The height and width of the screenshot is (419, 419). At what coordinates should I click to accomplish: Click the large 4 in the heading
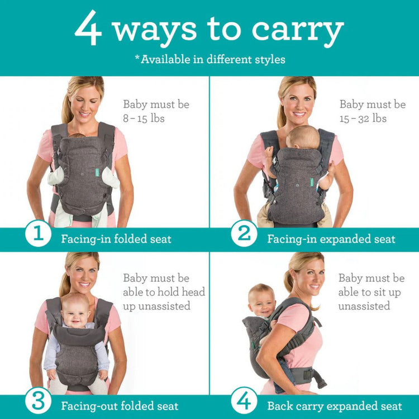click(x=88, y=28)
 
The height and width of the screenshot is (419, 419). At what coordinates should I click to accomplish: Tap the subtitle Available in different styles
click(x=209, y=59)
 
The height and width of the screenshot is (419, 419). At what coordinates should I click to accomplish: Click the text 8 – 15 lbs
click(x=144, y=118)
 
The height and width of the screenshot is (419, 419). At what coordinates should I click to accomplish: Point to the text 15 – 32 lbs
click(x=363, y=118)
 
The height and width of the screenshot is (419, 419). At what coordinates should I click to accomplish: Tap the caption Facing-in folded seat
click(x=116, y=239)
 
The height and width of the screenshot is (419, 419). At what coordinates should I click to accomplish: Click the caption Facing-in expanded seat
click(x=331, y=239)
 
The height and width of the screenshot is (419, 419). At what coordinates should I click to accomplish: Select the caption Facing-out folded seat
click(x=120, y=406)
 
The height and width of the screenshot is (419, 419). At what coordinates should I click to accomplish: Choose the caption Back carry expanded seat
click(x=335, y=406)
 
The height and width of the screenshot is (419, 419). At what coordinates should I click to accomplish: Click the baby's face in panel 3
click(x=76, y=313)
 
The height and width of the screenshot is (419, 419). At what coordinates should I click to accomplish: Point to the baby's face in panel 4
click(x=262, y=302)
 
